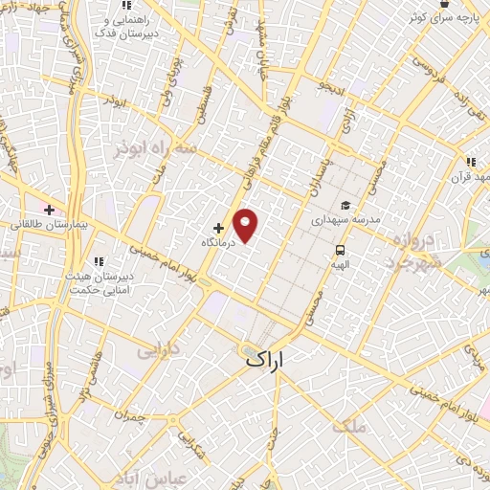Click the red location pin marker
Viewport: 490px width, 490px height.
[x=247, y=224]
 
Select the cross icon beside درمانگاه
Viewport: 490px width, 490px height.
[x=219, y=229]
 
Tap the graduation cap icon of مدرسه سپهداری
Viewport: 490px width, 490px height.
[x=345, y=205]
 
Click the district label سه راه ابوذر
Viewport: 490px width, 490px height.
[x=155, y=149]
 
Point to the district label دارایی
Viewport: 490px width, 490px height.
[x=158, y=352]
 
